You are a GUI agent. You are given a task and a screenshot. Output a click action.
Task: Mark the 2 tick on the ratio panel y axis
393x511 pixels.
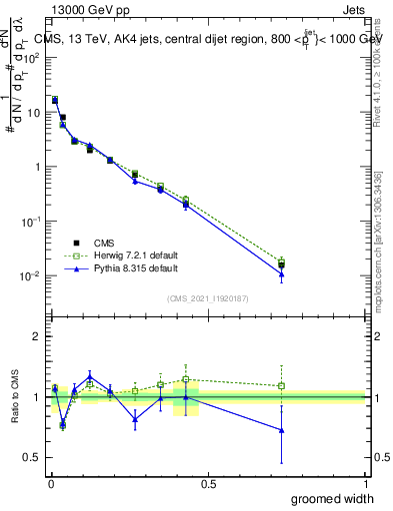(36, 336)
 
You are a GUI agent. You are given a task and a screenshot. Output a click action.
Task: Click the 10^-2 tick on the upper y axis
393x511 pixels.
(30, 275)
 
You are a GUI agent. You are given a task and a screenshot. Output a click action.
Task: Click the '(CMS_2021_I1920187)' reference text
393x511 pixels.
(208, 297)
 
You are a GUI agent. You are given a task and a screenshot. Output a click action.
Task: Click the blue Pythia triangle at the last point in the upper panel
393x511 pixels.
(282, 274)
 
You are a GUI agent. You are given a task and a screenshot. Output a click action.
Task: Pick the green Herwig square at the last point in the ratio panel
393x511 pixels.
(282, 385)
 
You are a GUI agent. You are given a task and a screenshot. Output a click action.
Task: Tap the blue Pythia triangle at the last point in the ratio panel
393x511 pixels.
(282, 430)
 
